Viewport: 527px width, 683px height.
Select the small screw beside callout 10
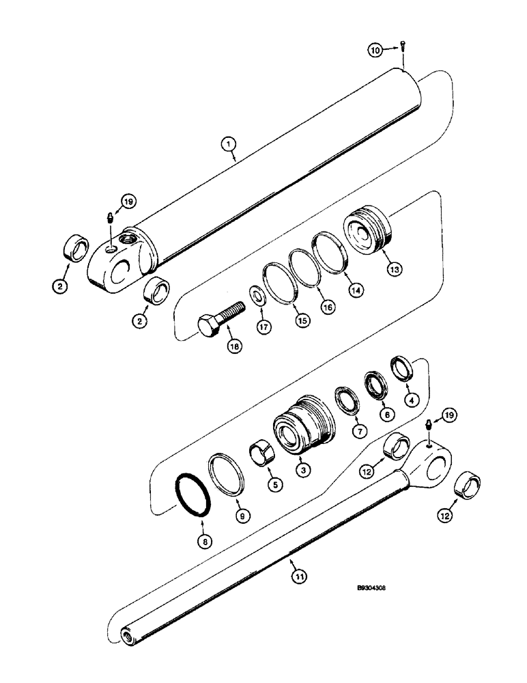pos(403,47)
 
